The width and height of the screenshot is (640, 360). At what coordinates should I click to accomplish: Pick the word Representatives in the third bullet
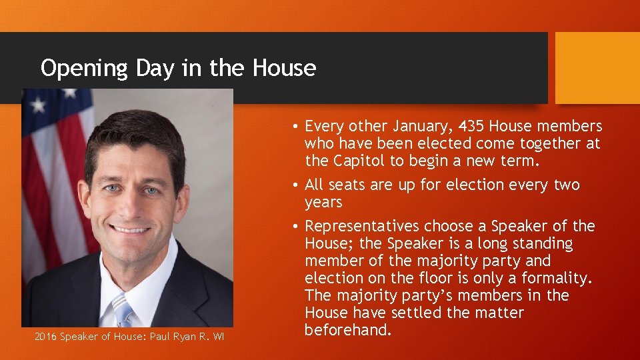click(x=362, y=226)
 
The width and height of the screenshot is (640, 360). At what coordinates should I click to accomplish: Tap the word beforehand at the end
click(x=347, y=330)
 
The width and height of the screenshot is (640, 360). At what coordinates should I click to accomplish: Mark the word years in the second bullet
click(x=323, y=202)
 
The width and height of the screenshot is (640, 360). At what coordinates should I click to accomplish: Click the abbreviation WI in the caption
click(x=218, y=337)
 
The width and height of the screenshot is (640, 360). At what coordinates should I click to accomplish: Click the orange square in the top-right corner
click(x=597, y=68)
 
